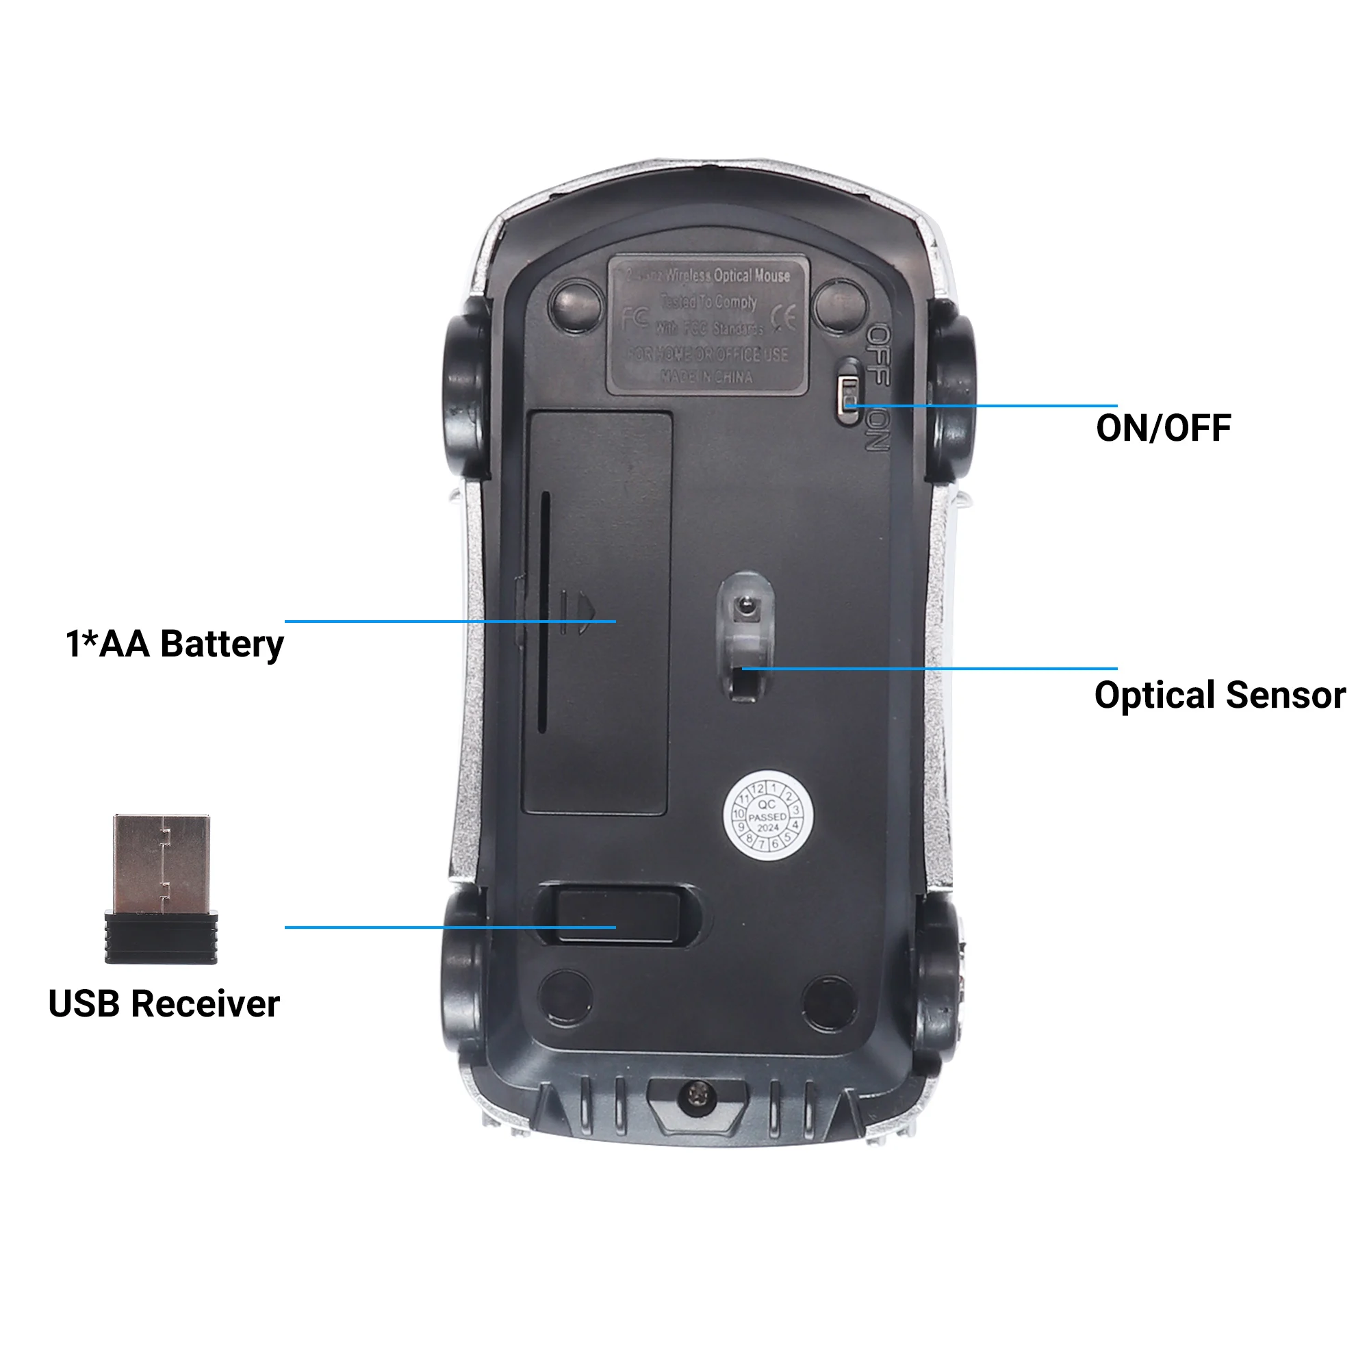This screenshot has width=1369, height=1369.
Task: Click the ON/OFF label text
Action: coord(1163,428)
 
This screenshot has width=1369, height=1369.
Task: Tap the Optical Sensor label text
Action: coord(1219,695)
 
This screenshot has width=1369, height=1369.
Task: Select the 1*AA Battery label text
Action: coord(175,644)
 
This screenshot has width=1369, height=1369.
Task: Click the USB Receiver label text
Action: coord(164,1004)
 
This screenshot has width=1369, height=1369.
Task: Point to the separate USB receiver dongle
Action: coord(162,889)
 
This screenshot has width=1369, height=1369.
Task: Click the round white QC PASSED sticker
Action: coord(767,817)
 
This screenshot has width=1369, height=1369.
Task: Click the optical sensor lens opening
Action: coord(744,606)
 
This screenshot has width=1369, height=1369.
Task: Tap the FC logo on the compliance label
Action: coord(635,318)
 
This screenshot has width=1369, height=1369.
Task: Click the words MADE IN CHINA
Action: coord(706,376)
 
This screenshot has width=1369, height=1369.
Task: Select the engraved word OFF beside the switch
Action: coord(879,355)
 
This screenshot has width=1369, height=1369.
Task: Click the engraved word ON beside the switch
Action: coord(878,430)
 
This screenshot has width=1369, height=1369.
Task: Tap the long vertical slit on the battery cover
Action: coord(544,612)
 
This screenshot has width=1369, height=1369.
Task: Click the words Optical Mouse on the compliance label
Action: coord(751,275)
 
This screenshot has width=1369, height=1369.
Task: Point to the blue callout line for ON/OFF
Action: coord(992,406)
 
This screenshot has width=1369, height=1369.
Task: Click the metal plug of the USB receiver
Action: coord(162,863)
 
